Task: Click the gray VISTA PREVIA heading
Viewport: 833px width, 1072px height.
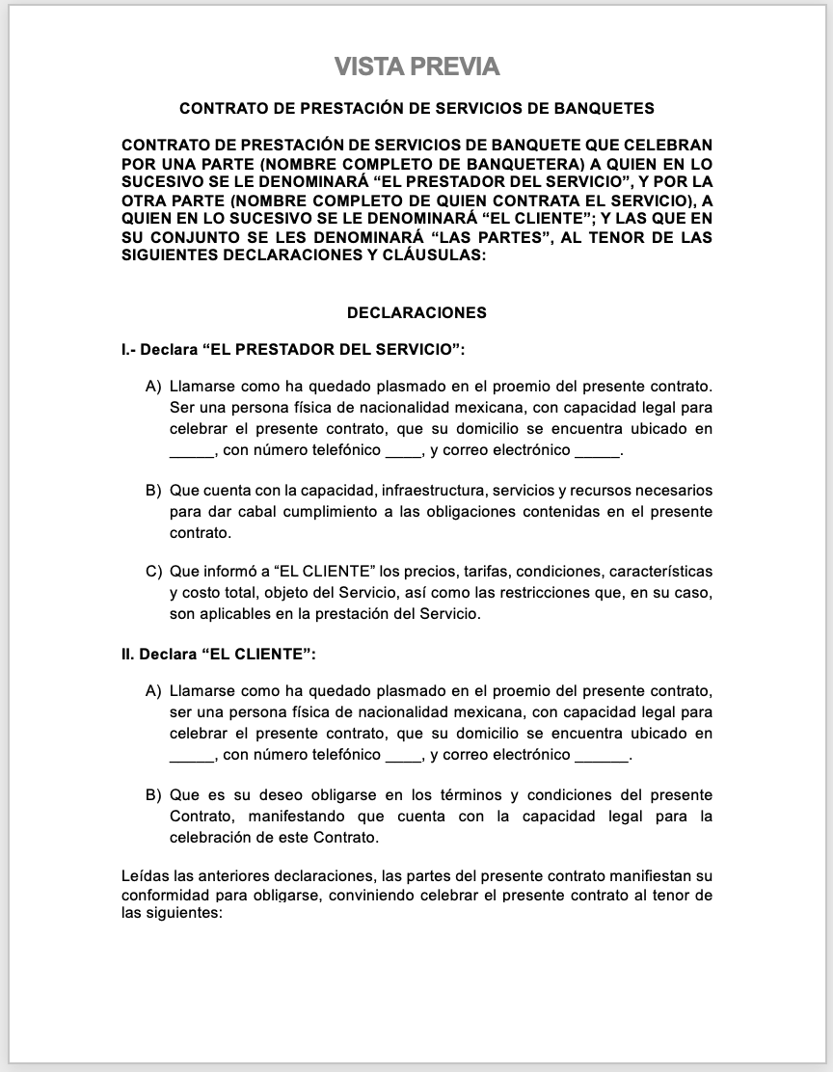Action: pyautogui.click(x=416, y=67)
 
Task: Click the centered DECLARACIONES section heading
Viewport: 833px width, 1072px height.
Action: pyautogui.click(x=416, y=312)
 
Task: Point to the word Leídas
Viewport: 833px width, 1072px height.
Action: pyautogui.click(x=144, y=877)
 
